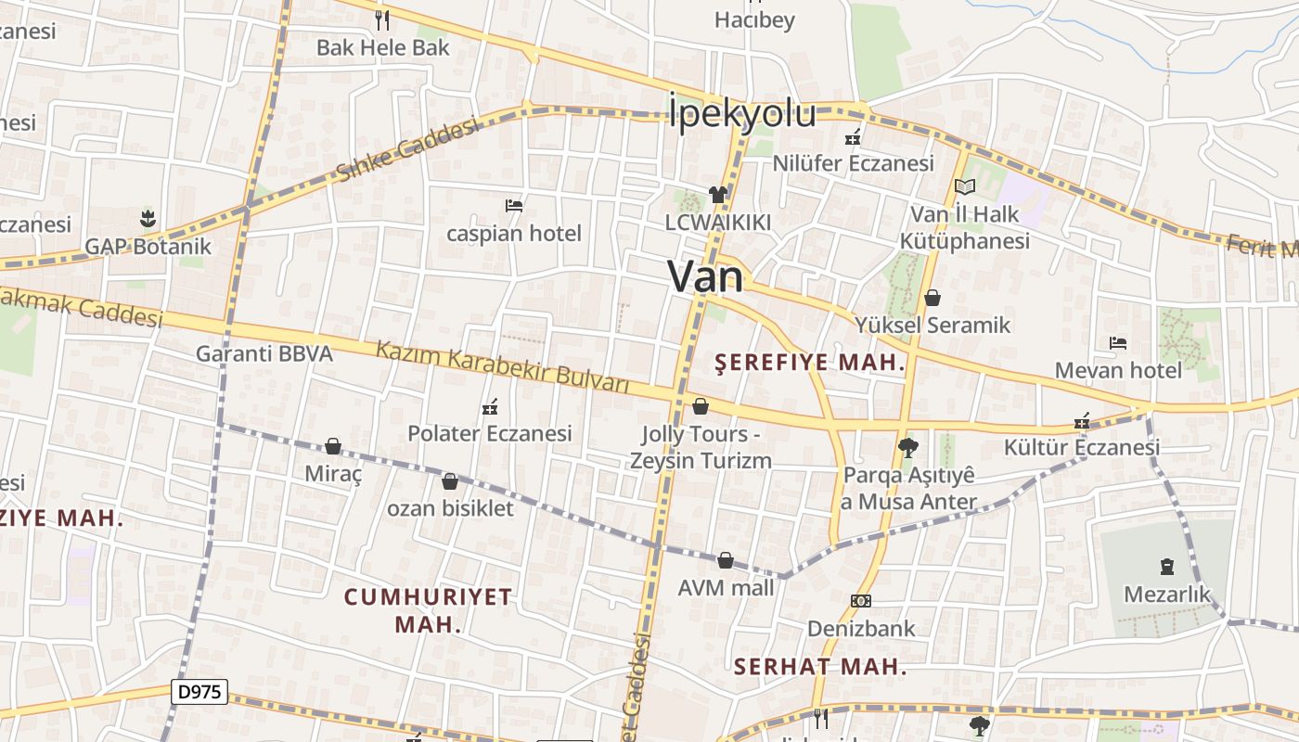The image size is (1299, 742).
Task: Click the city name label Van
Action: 705,276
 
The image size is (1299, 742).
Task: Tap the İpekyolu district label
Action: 741,114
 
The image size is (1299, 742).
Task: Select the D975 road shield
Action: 199,691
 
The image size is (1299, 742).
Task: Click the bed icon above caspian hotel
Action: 514,205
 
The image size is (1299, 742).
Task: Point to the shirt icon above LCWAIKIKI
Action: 718,195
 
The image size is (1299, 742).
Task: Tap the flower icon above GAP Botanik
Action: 148,219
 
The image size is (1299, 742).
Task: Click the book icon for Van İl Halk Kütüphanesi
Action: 965,186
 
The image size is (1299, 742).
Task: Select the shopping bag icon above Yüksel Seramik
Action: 932,298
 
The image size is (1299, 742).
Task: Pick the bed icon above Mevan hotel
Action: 1118,343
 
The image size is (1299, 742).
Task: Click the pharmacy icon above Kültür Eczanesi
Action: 1081,421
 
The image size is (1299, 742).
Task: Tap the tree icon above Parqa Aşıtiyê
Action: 908,448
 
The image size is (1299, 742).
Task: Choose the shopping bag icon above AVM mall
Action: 726,560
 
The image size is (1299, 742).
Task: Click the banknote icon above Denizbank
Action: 861,601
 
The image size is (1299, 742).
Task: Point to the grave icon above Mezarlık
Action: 1167,566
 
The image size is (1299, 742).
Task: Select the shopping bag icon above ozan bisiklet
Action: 450,481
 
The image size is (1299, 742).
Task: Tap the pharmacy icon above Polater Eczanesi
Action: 490,406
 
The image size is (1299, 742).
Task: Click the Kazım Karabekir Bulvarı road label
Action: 502,366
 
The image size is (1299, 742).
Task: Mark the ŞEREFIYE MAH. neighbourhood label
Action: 810,363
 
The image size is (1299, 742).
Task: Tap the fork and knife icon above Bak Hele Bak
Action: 382,19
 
